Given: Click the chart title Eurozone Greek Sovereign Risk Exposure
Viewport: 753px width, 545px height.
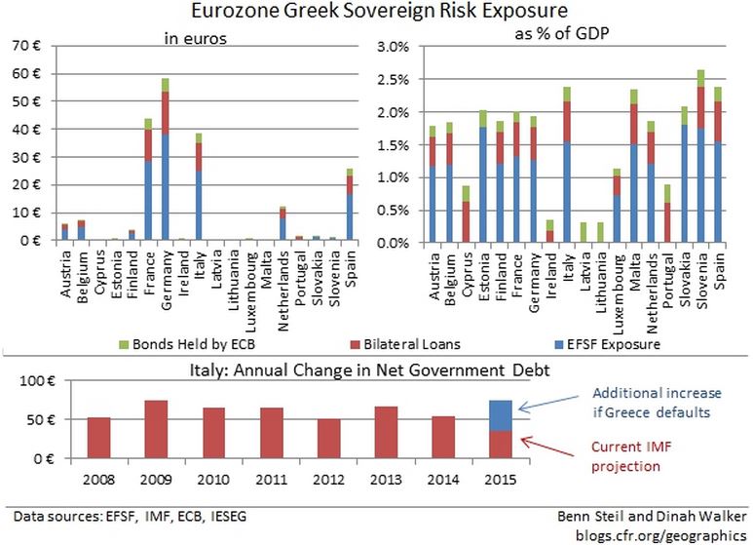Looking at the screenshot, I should point(375,14).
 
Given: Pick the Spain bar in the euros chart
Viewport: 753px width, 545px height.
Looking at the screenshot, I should point(350,205).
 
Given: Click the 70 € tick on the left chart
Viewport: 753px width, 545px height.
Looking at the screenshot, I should point(26,46).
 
